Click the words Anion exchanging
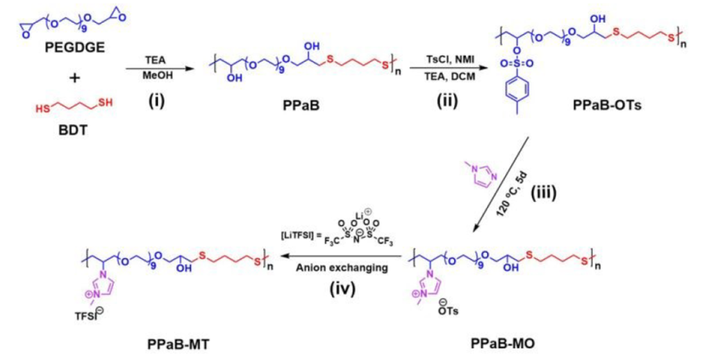point(341,267)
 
